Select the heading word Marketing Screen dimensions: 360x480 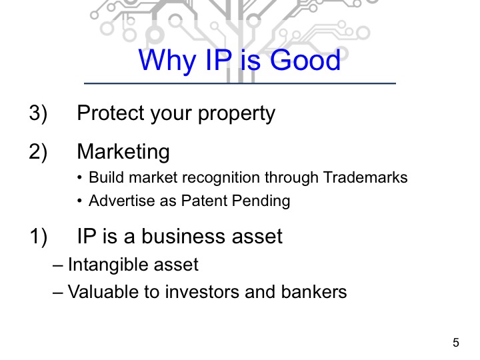tap(123, 153)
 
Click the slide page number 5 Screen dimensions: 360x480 tap(456, 343)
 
